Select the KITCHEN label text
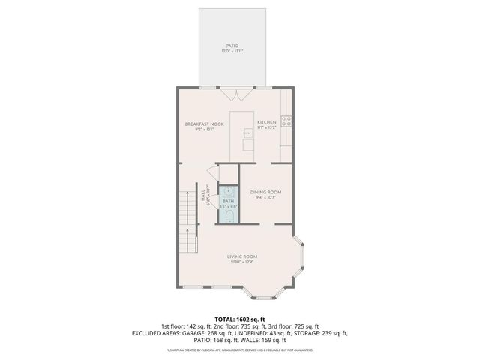click(x=267, y=122)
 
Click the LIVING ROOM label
click(x=241, y=257)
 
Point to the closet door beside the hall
click(x=213, y=172)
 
